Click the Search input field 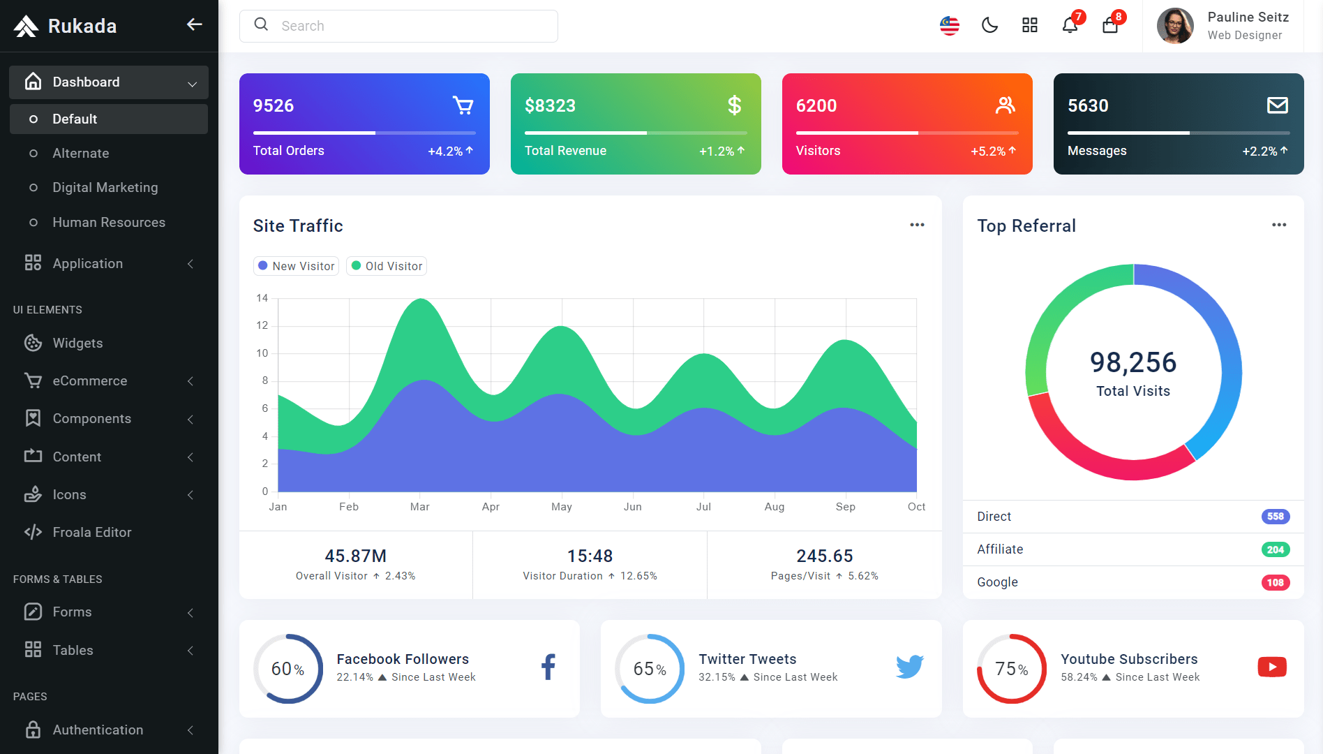(398, 26)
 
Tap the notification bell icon (1070, 26)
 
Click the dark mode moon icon (989, 26)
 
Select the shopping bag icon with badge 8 (1110, 26)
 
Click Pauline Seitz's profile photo (1175, 26)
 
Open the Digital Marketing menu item (105, 187)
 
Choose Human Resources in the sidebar (109, 222)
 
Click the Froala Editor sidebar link (92, 532)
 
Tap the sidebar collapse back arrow (194, 24)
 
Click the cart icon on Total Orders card (463, 105)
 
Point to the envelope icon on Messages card (1278, 105)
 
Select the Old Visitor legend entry (387, 266)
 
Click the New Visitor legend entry (296, 266)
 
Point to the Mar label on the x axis (420, 507)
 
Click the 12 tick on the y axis (262, 325)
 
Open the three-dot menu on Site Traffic (917, 225)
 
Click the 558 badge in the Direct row (1276, 517)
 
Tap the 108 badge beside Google (1276, 582)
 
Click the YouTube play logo (1272, 667)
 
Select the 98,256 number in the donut (1133, 362)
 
